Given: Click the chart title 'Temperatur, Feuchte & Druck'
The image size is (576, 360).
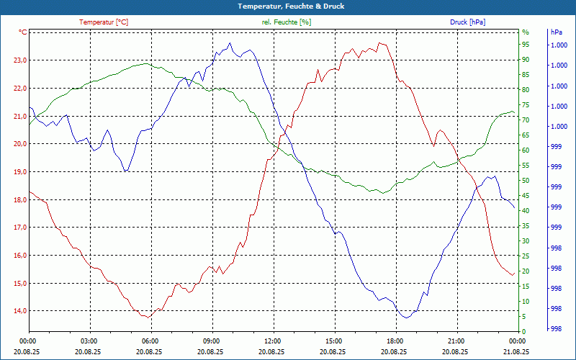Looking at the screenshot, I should (288, 6).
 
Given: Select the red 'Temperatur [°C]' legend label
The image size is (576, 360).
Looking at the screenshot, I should (104, 22).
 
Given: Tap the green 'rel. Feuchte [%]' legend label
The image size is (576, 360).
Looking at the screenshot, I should (287, 22).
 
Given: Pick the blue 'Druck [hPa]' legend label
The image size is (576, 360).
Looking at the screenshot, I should (467, 22).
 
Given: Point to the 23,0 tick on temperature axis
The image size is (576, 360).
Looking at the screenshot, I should (19, 60).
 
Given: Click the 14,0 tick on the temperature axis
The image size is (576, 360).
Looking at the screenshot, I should (19, 311).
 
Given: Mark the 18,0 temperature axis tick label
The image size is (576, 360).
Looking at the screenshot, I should (19, 199).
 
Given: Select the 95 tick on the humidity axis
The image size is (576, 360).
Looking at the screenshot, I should (526, 45).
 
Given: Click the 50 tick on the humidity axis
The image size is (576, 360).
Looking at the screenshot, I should (526, 181).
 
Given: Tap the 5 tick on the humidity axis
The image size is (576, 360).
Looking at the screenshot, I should (524, 317).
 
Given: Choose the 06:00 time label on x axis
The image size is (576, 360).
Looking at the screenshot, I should (150, 341).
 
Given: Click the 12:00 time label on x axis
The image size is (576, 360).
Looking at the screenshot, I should (272, 341).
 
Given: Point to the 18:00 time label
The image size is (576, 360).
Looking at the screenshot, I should (394, 341).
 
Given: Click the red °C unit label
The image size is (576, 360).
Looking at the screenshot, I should (23, 32).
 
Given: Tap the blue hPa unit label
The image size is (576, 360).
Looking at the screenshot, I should (557, 32).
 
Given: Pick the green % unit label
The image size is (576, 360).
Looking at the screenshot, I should (525, 32).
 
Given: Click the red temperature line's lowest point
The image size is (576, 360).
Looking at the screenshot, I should (148, 317).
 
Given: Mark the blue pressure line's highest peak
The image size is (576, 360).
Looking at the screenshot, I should (230, 43).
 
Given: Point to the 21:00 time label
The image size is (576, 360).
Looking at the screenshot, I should (455, 341).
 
